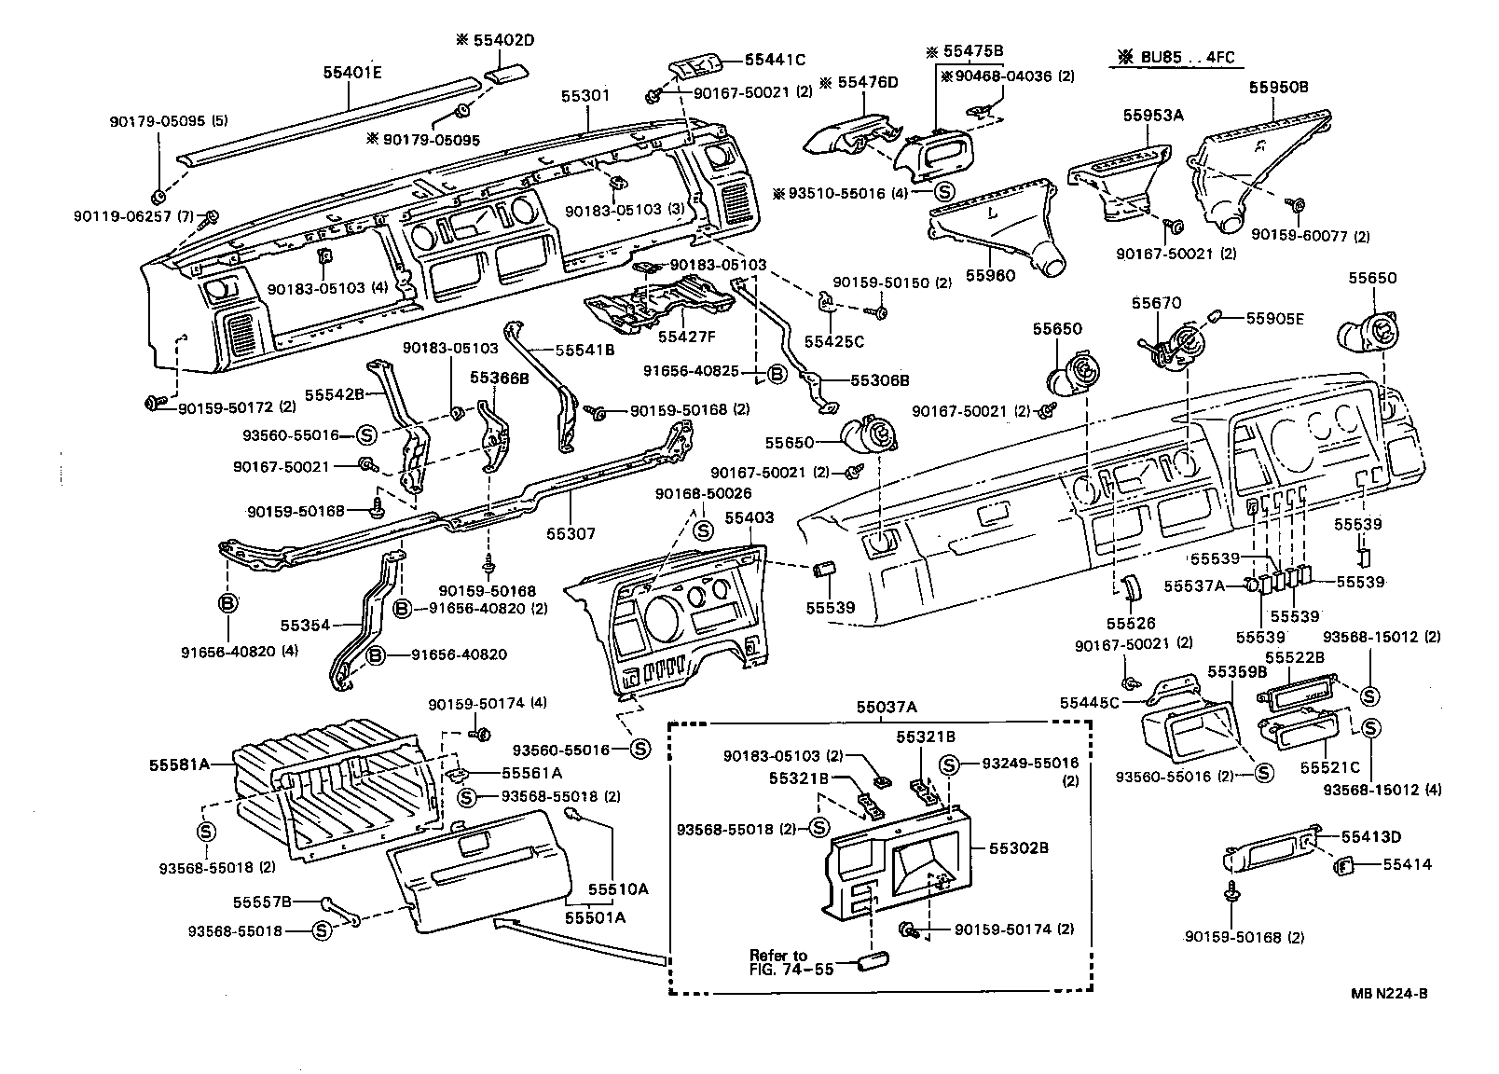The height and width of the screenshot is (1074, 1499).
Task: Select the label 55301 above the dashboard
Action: (585, 96)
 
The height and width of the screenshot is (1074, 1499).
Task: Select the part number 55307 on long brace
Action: (571, 534)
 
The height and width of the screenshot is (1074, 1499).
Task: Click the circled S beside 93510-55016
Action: (944, 193)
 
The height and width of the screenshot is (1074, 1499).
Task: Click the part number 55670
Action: (1157, 303)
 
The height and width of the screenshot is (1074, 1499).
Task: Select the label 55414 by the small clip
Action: (1407, 864)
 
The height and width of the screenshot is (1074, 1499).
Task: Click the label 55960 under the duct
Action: (990, 276)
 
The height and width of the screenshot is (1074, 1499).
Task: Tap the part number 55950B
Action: (1278, 87)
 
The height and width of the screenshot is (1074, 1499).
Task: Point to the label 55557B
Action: (263, 902)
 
